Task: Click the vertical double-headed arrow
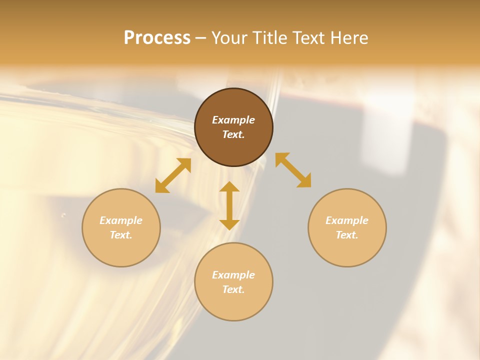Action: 229,206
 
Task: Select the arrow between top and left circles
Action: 173,175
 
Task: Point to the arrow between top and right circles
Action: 293,170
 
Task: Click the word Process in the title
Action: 157,37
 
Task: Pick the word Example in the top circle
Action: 233,120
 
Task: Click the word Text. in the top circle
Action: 233,134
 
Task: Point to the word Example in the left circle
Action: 121,220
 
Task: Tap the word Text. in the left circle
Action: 121,235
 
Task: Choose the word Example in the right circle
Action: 347,220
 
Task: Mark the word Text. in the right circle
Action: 347,235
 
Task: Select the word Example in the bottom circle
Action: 233,275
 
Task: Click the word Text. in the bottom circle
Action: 233,289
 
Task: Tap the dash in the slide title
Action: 201,38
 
